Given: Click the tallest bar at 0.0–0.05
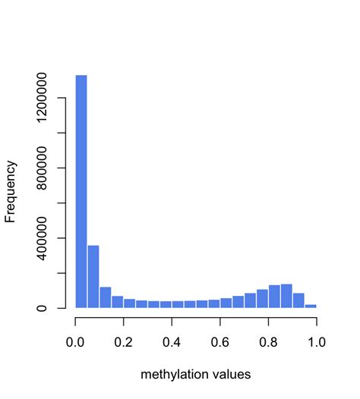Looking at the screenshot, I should [81, 190].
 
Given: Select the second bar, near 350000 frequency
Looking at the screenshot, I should [93, 276].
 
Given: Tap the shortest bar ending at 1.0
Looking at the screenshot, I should [311, 306].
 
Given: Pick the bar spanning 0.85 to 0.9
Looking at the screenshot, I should [286, 296].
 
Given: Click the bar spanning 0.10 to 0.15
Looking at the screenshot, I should [106, 297].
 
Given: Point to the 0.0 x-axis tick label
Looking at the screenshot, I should [75, 342].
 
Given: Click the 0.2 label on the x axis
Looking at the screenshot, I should [124, 342].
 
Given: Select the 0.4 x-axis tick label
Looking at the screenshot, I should [172, 342].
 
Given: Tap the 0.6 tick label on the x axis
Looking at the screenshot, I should [220, 342].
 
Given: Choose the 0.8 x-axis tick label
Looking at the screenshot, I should [268, 342].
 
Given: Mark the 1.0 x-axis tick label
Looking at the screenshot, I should [316, 342].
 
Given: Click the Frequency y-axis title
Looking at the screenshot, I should [11, 191].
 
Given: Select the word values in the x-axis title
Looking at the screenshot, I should [232, 374].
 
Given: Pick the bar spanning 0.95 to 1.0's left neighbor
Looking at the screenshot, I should [298, 300].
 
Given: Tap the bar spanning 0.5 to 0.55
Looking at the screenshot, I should [202, 303].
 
